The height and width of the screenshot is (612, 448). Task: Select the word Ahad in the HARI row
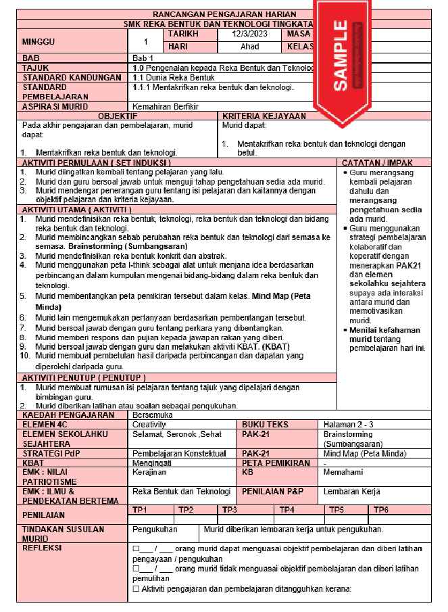(249, 47)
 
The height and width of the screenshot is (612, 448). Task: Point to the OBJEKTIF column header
(118, 116)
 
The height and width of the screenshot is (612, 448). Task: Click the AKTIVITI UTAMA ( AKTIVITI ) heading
(77, 210)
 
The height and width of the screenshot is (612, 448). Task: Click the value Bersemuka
(154, 415)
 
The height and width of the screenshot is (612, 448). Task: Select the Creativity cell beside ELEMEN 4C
(149, 424)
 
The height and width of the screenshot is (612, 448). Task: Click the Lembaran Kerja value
(351, 492)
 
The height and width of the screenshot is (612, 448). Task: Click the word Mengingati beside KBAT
(152, 463)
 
